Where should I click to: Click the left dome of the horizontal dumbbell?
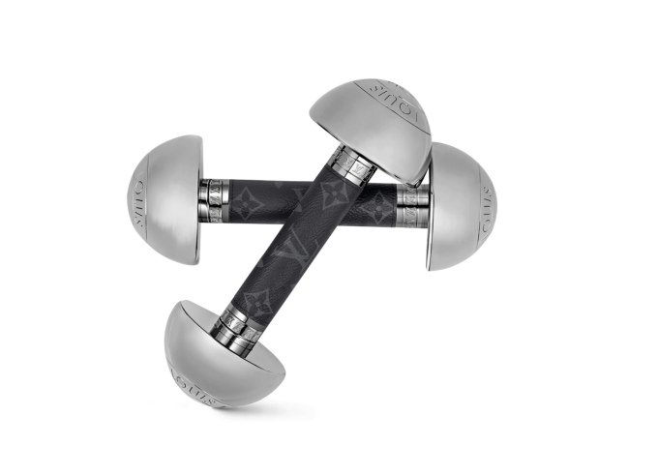pyautogui.click(x=164, y=199)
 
